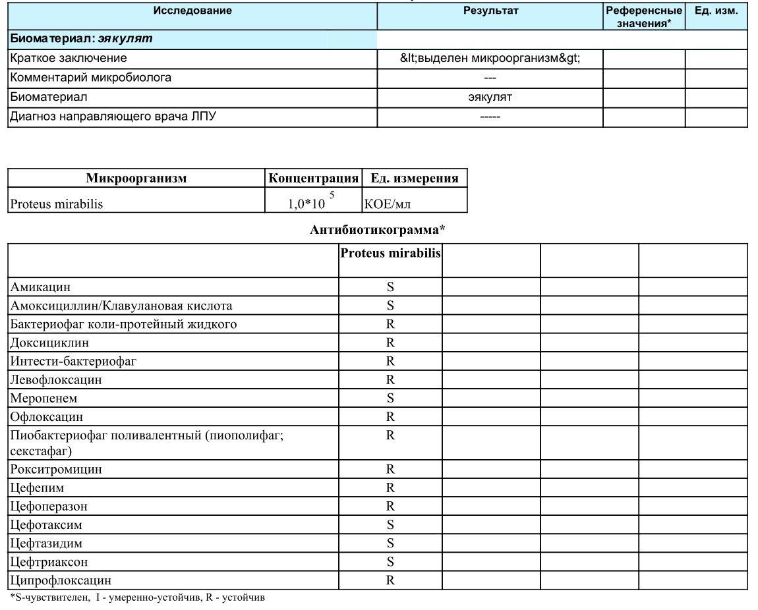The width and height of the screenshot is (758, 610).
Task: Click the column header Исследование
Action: click(x=192, y=11)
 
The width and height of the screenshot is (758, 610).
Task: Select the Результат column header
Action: click(x=491, y=11)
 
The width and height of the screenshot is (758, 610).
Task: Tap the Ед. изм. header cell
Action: click(x=716, y=11)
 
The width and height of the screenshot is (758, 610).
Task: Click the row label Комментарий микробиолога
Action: click(x=91, y=78)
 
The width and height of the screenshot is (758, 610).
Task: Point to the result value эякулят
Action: click(x=490, y=97)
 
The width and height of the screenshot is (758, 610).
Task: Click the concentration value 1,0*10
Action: click(x=307, y=204)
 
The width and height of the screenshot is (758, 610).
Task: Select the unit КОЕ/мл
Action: click(x=387, y=204)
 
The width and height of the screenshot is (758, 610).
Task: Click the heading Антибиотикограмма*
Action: click(x=378, y=230)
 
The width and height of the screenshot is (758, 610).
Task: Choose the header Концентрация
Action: click(x=314, y=179)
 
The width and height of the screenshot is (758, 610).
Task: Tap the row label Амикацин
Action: click(x=40, y=287)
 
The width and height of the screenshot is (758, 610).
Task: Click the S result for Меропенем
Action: click(x=390, y=399)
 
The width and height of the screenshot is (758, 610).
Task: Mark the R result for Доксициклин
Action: click(x=390, y=343)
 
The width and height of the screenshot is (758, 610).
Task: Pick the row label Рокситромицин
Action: click(x=56, y=470)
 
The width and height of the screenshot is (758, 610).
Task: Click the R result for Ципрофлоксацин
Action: click(x=390, y=580)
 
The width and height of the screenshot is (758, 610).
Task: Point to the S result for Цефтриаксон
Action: click(x=390, y=562)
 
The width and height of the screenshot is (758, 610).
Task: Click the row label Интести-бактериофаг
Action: click(x=73, y=361)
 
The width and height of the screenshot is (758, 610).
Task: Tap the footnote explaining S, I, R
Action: click(x=138, y=597)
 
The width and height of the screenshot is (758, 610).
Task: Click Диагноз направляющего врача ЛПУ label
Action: click(x=113, y=117)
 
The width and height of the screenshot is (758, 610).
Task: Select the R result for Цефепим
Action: click(x=390, y=488)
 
